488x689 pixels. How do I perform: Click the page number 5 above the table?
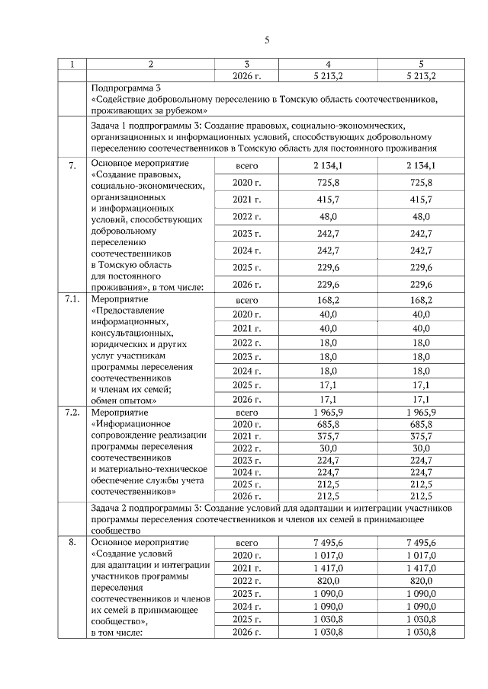(267, 40)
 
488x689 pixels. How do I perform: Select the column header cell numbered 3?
(246, 63)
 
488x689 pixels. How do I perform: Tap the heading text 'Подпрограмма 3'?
(124, 88)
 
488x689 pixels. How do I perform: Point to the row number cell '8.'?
(72, 542)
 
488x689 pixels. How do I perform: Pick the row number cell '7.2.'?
(72, 412)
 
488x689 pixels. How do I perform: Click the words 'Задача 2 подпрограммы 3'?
(145, 507)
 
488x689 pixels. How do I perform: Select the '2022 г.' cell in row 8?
(246, 580)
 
